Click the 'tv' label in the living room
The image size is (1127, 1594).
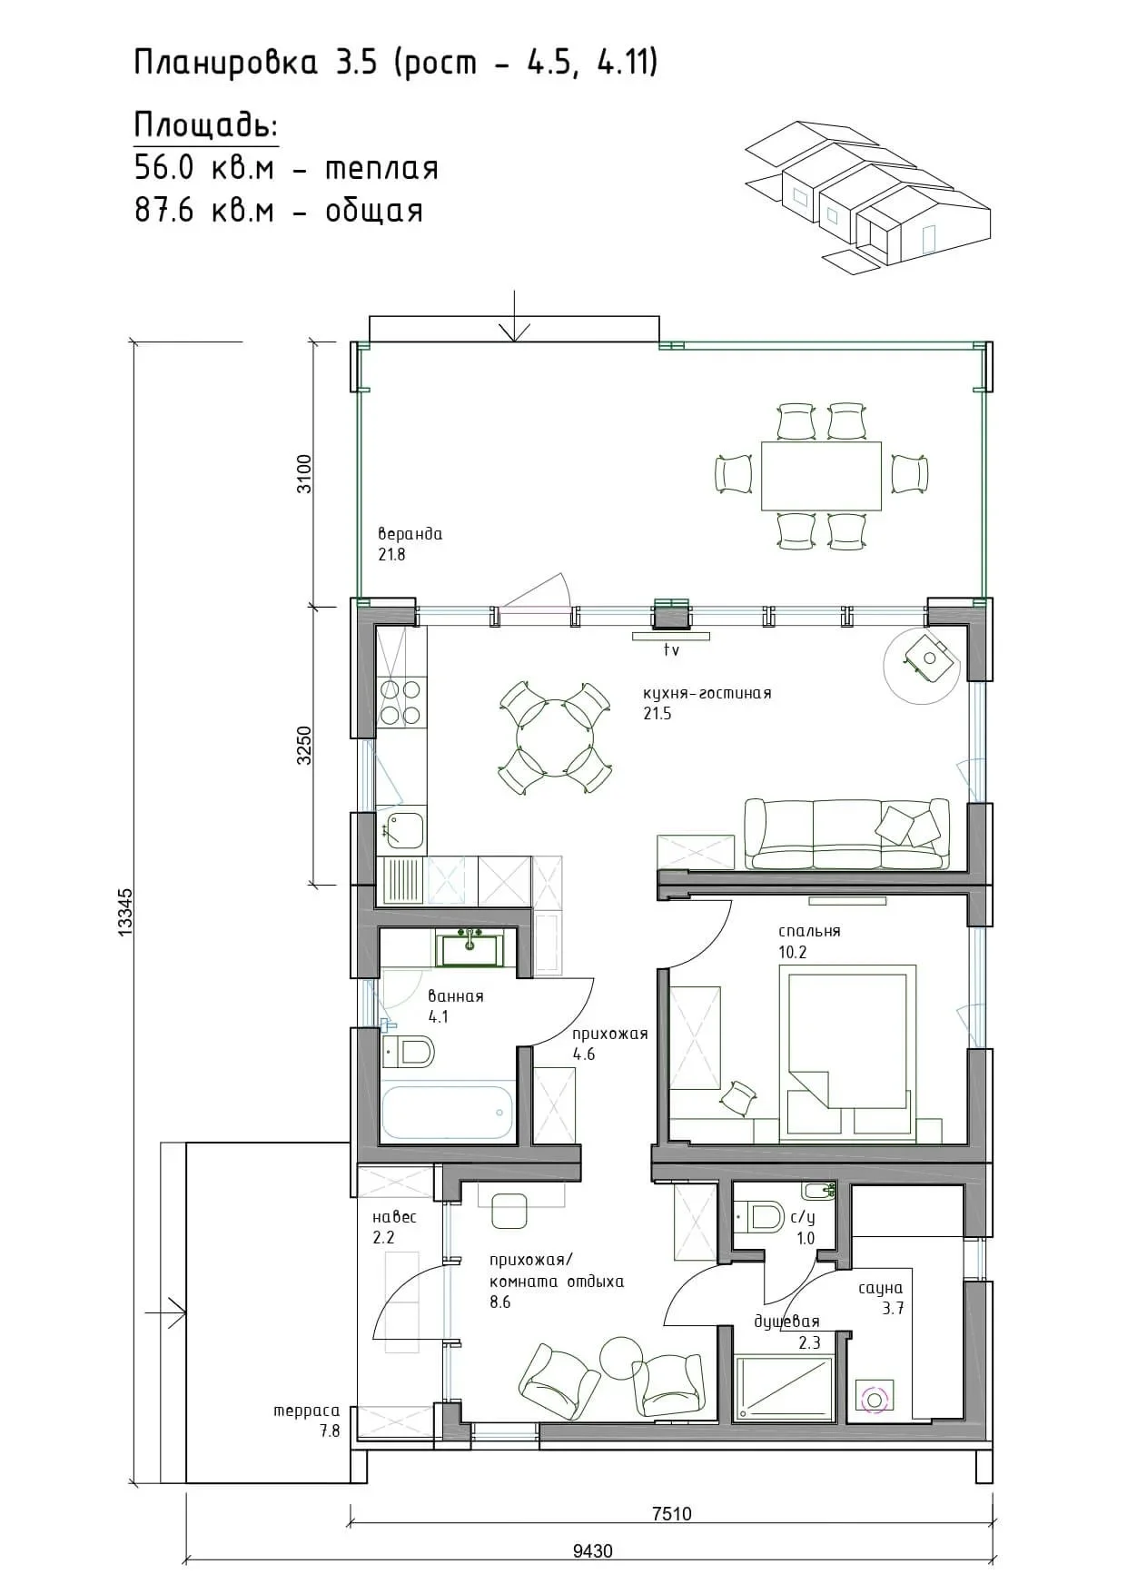pos(671,650)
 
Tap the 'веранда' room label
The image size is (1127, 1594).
pos(410,534)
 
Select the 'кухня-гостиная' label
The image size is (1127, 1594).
pos(707,693)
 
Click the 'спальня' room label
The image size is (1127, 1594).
pos(809,931)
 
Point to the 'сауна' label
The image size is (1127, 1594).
pos(881,1288)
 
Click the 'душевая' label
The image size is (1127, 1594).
pos(786,1322)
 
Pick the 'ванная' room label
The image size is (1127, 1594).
pos(456,995)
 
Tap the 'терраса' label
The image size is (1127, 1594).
pos(307,1411)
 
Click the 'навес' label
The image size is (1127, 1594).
pos(394,1217)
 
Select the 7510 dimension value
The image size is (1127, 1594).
pos(671,1513)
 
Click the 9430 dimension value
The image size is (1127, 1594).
pos(592,1550)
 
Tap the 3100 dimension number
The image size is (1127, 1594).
pos(304,474)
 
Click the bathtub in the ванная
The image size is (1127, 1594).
pos(447,1113)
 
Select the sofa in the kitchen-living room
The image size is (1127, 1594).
pos(846,834)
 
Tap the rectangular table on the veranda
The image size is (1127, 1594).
pos(821,476)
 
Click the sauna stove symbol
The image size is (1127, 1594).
pos(875,1400)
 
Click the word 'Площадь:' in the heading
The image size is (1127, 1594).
pos(206,124)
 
